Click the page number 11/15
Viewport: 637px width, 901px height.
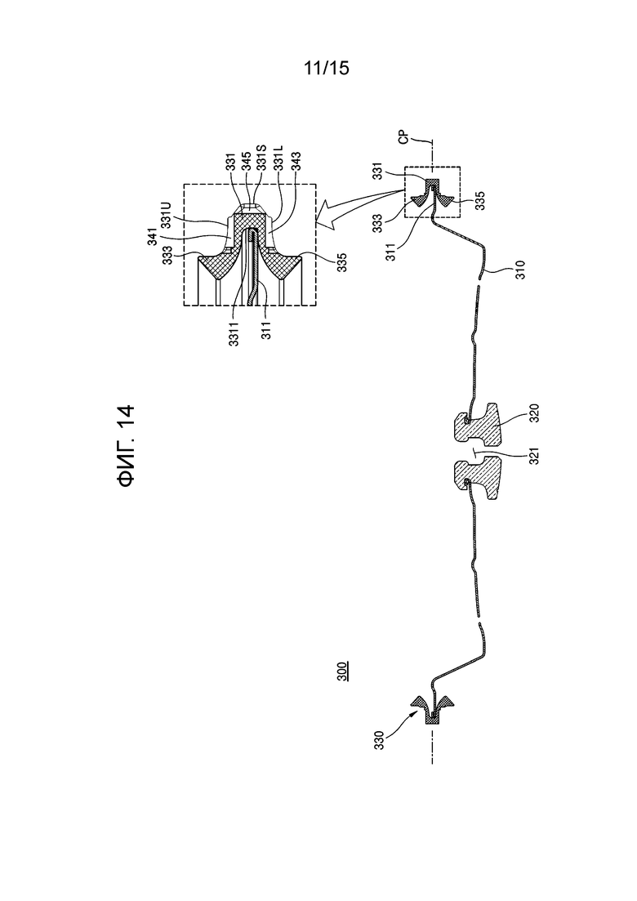pyautogui.click(x=326, y=69)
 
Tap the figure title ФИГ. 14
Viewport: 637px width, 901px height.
pyautogui.click(x=127, y=446)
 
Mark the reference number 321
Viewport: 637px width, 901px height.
pyautogui.click(x=533, y=454)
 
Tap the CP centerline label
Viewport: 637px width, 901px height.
pyautogui.click(x=403, y=139)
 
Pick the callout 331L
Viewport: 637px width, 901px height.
pyautogui.click(x=280, y=156)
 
